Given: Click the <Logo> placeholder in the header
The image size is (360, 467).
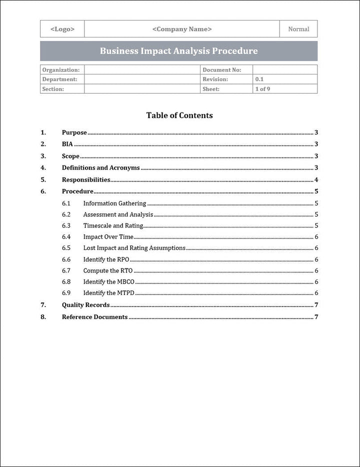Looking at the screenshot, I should tap(62, 29).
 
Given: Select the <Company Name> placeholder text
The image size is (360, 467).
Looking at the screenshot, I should tap(182, 29).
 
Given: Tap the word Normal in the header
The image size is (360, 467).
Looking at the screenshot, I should tap(298, 29).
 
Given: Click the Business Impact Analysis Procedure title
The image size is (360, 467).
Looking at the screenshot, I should tap(178, 51).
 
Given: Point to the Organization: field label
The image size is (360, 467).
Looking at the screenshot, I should tap(61, 70).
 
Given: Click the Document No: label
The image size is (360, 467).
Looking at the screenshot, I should tap(221, 70).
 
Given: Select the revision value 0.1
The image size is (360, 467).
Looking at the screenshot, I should tap(259, 79).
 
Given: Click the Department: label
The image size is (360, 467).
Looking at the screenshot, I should tap(60, 79).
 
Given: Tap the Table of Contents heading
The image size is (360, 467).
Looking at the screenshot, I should tap(179, 115).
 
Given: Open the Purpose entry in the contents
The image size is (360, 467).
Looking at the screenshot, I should tap(74, 132).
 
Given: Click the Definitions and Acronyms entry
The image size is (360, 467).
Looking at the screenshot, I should tap(100, 168).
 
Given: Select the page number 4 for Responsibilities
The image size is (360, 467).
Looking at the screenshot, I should tap(316, 180).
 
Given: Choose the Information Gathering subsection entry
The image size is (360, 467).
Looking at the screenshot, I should tap(114, 203).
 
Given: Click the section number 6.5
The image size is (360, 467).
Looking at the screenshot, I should tap(66, 248).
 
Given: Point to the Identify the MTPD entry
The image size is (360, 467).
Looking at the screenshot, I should tap(108, 293).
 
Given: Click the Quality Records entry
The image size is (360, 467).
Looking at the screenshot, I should tap(85, 305).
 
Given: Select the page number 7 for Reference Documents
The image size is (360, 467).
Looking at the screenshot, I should tap(316, 317).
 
